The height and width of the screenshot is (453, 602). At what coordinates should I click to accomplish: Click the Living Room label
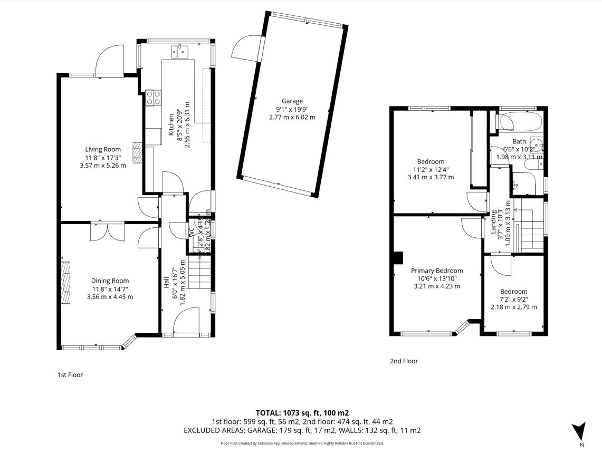pos(103,149)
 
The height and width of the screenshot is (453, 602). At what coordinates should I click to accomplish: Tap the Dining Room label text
pos(110,281)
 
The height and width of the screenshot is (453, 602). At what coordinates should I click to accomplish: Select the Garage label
pos(292,101)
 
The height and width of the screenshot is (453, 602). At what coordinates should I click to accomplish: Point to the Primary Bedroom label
pos(437,271)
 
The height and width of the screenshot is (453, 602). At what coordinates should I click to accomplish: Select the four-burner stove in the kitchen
pos(154,98)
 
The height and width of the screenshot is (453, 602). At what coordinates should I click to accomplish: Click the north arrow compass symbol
pos(579,429)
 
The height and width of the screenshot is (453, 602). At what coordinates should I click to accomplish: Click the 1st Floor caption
pos(70,375)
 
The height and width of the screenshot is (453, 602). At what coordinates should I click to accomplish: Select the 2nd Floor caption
pos(404,361)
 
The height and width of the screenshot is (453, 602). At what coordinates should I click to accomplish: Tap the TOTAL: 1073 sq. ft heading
pos(302,413)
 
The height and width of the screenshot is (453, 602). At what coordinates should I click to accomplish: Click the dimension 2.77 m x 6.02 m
pos(291,117)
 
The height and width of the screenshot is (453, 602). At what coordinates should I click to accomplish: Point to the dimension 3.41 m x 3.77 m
pos(431,177)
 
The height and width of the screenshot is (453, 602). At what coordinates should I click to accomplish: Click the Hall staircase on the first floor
pos(200,272)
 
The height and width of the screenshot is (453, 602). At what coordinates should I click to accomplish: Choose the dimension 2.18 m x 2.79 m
pos(513,307)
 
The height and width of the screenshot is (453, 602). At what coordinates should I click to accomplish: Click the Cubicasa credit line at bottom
pos(302,444)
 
